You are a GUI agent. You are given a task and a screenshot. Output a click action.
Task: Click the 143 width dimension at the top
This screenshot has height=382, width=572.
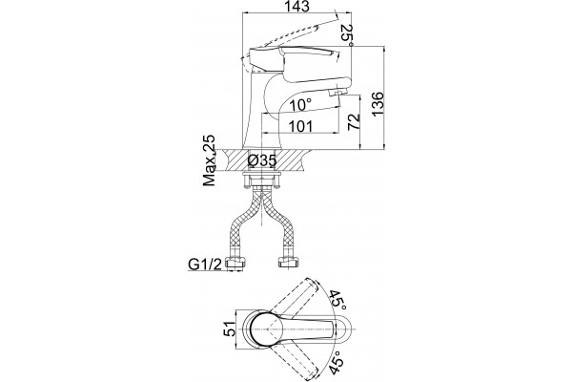coord(297,7)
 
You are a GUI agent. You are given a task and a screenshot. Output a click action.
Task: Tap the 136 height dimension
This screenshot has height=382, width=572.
coord(378,104)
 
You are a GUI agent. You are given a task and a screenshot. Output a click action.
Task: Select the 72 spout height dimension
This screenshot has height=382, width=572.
coord(353,122)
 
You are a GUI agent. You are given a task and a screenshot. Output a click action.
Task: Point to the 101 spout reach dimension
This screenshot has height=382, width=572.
coord(301,126)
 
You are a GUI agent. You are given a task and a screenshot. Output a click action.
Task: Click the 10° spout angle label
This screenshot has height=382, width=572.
coord(301,105)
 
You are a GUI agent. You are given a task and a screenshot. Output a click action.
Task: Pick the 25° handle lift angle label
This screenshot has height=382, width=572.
coord(348,35)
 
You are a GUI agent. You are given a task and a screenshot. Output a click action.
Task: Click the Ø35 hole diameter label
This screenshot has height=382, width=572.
coord(261,160)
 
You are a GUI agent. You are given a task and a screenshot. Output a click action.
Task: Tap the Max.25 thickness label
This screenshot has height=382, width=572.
coord(209,160)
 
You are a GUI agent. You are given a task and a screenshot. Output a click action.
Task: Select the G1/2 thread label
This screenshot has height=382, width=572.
coord(205,264)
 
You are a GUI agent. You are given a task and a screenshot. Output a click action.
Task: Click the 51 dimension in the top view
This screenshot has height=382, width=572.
coord(230,329)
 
